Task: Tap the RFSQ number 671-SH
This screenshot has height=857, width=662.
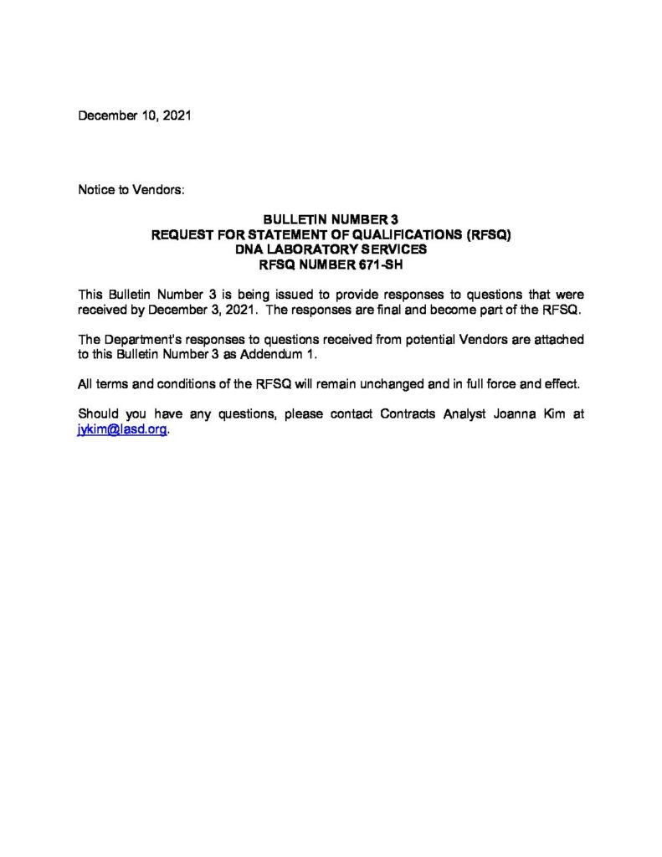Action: tap(383, 262)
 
